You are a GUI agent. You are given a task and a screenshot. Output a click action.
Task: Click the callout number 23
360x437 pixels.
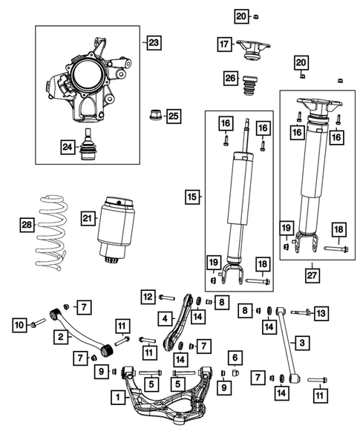(x=153, y=43)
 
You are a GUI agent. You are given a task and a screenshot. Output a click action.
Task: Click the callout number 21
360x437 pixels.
(x=89, y=217)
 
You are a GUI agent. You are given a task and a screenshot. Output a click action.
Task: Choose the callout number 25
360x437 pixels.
(x=174, y=115)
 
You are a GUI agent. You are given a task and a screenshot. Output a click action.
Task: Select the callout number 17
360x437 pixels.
(x=225, y=45)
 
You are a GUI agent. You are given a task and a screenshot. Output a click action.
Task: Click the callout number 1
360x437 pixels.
(x=117, y=397)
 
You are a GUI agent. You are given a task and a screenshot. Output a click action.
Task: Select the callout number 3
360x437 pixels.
(x=303, y=342)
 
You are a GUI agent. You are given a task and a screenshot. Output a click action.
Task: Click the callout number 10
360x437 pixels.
(x=19, y=323)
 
